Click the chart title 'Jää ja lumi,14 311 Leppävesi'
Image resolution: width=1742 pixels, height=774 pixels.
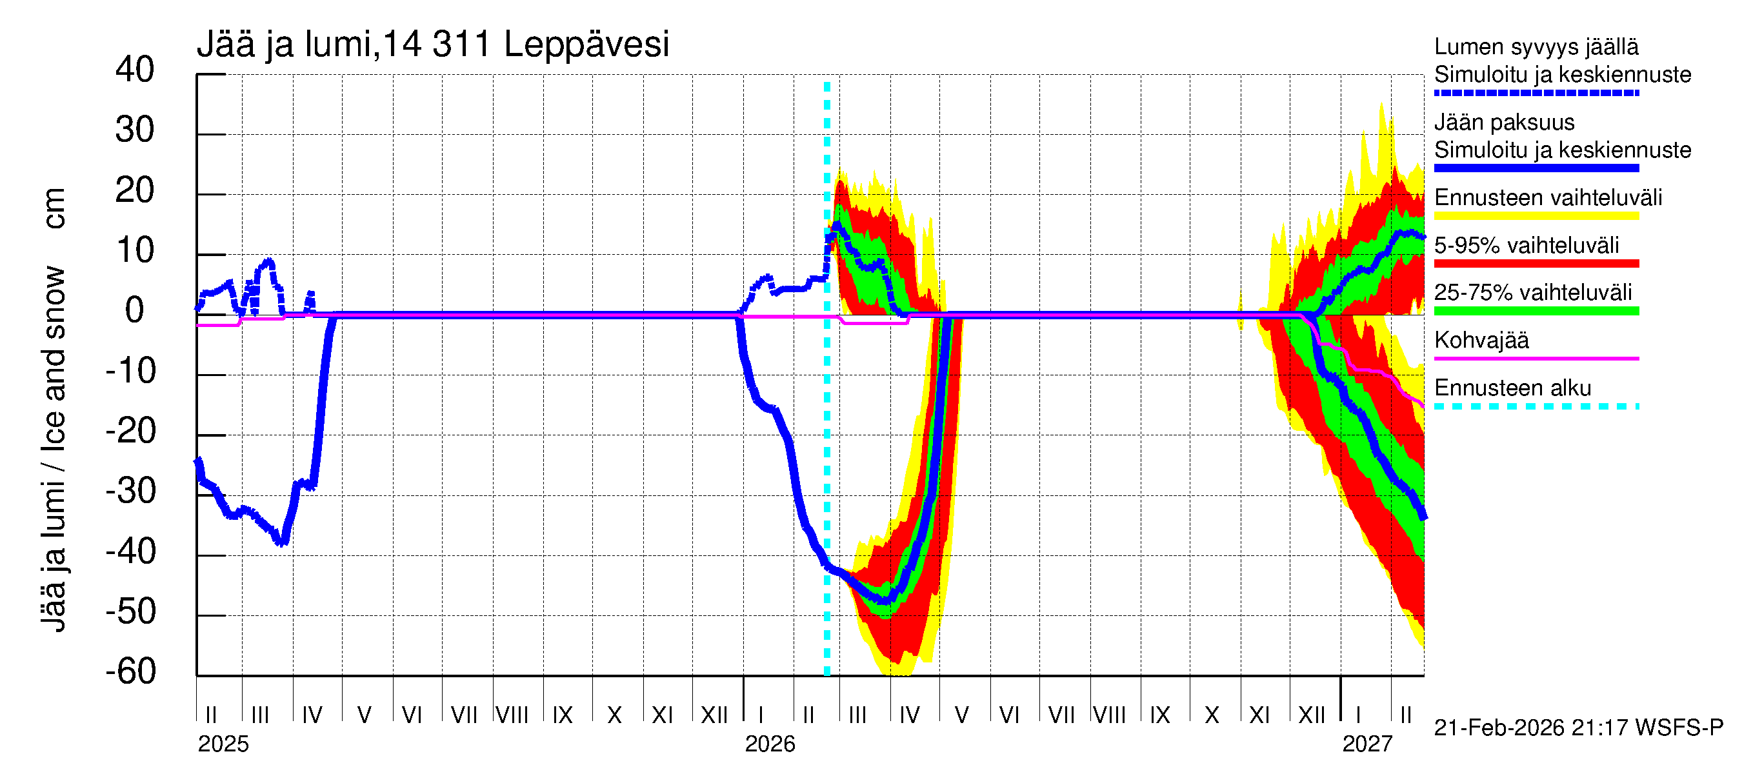tap(433, 45)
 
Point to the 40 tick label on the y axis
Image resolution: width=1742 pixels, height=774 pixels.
tap(135, 70)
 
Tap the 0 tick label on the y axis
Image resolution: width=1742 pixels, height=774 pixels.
tap(135, 310)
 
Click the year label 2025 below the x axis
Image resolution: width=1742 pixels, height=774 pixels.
tap(223, 744)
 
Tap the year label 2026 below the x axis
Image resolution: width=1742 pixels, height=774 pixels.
tap(770, 744)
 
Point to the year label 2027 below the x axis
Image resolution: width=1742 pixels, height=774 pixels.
tap(1367, 744)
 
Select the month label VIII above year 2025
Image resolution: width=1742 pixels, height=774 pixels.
tap(512, 715)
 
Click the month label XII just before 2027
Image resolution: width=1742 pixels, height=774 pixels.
tap(1312, 715)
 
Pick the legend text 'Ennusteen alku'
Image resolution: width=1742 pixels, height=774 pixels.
tap(1513, 388)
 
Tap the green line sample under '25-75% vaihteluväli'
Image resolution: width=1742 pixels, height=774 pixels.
tap(1536, 311)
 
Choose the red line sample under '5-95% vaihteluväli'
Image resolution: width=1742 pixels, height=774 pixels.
tap(1536, 264)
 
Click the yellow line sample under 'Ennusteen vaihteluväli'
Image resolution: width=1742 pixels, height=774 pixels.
tap(1536, 216)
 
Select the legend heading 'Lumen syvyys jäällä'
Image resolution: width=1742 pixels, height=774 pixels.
tap(1536, 47)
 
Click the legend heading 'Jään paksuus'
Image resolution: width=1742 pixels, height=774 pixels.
tap(1504, 123)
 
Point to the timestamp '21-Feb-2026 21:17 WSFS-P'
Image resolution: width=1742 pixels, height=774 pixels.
tap(1578, 728)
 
